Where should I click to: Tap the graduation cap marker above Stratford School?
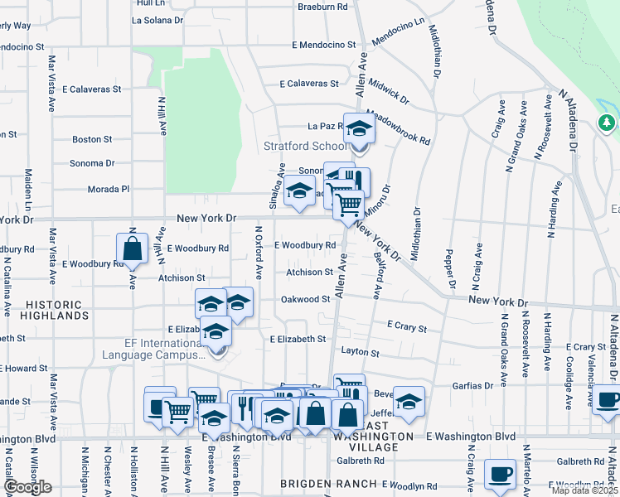359,129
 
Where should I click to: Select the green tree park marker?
607,123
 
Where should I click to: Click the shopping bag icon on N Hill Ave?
132,248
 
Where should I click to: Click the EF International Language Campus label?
153,348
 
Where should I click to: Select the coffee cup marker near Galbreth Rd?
500,475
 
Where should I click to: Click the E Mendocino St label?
316,45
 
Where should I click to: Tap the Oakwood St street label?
305,299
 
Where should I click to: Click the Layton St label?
359,353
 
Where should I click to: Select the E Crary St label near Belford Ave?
406,328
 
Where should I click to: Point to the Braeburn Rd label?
323,7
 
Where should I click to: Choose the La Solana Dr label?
155,20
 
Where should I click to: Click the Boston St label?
91,140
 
